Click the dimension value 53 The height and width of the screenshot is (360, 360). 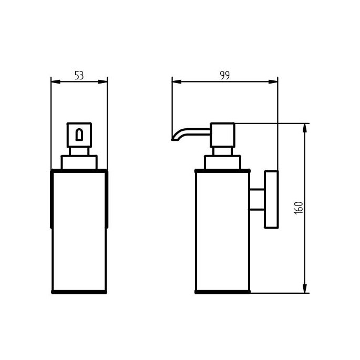(79, 75)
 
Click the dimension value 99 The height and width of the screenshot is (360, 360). (224, 75)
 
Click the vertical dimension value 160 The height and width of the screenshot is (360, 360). (299, 208)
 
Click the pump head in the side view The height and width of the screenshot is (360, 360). (222, 135)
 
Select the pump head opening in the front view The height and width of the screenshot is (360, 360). (79, 135)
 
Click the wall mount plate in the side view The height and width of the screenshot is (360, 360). (271, 200)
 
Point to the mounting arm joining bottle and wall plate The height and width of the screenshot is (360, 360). (257, 200)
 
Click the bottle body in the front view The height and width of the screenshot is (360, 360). (79, 231)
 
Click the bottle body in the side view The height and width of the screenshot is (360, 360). (222, 231)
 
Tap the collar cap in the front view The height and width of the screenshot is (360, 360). (79, 162)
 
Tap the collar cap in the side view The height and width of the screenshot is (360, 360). (222, 162)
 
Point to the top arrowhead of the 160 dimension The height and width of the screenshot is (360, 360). (305, 127)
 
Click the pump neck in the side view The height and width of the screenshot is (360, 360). (222, 151)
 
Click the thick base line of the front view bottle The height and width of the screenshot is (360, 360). (79, 292)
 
